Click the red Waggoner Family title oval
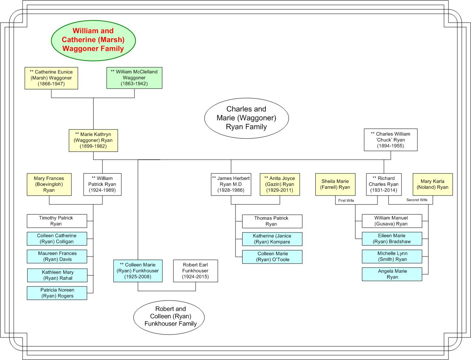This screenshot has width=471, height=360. [x=93, y=40]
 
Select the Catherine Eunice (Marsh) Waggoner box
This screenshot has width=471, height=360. [x=51, y=78]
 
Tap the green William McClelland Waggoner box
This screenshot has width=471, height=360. [x=134, y=78]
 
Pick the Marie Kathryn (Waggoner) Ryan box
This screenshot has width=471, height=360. [x=93, y=140]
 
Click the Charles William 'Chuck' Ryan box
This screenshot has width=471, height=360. [x=390, y=140]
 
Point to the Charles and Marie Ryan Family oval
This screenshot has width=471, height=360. [x=246, y=118]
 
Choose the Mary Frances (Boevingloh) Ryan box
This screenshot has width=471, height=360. [x=49, y=184]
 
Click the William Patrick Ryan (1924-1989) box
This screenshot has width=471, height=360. [x=102, y=184]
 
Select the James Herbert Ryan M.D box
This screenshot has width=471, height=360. [x=231, y=184]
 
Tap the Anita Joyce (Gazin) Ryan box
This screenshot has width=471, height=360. [x=280, y=184]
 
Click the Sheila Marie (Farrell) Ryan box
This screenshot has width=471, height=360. [x=335, y=184]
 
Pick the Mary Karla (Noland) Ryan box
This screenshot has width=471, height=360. [x=433, y=184]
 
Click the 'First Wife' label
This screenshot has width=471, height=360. [x=346, y=200]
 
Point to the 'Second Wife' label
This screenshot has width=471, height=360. [x=417, y=200]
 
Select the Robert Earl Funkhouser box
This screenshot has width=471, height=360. [x=196, y=271]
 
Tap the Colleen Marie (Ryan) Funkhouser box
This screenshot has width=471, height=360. [x=138, y=271]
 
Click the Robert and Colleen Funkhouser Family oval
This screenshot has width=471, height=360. [x=169, y=317]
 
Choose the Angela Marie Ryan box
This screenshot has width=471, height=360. [x=392, y=274]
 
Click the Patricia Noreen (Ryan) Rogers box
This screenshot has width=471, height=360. [x=57, y=293]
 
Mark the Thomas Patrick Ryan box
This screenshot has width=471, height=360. [x=272, y=221]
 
